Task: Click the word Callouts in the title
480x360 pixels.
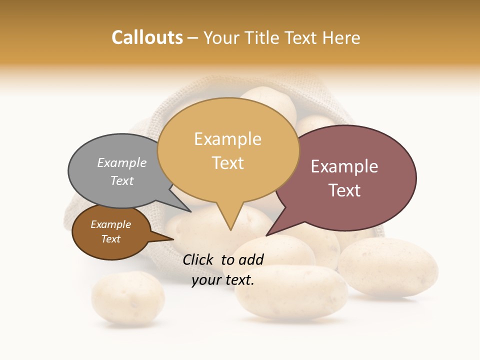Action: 147,37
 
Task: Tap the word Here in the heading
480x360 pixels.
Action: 342,37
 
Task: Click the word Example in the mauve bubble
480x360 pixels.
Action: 344,166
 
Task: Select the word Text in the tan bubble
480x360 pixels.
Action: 228,163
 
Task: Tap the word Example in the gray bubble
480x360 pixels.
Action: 122,162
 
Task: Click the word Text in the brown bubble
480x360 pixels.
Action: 111,239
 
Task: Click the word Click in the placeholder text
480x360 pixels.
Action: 198,259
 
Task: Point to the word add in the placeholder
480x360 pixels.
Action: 251,259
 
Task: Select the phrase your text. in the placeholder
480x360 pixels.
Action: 223,279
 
